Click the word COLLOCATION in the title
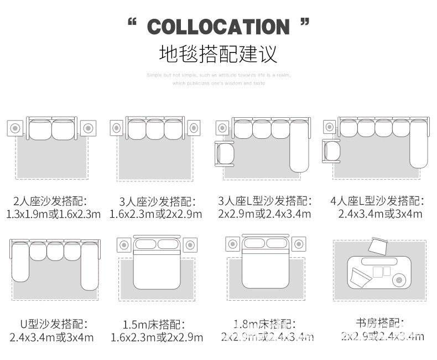(x=218, y=26)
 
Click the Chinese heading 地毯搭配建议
(x=218, y=54)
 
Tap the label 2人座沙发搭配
(x=51, y=200)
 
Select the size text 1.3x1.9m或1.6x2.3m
(x=53, y=214)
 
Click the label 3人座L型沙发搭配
(x=264, y=200)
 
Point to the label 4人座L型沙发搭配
(x=377, y=200)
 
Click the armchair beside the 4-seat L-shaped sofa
(x=331, y=150)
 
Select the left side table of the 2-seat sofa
(x=15, y=128)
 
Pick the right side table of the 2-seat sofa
(x=87, y=128)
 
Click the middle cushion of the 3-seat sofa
(x=155, y=130)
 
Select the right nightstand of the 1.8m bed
(x=299, y=243)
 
